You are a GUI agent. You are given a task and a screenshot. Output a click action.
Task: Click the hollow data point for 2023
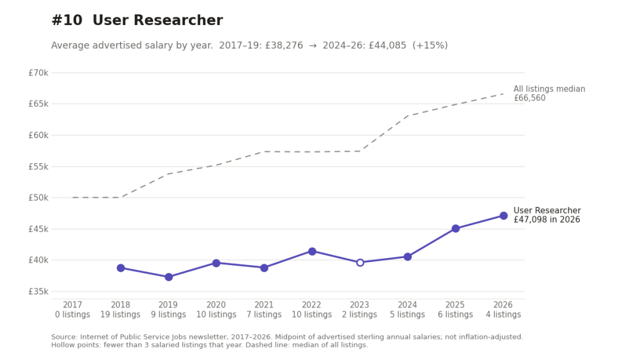[360, 262]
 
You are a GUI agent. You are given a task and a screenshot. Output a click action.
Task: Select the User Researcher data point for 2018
[121, 268]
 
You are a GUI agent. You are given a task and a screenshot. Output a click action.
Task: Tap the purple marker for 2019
[169, 277]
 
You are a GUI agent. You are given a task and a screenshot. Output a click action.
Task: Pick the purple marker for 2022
[312, 251]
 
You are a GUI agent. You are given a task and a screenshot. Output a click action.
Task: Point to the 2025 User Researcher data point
[456, 229]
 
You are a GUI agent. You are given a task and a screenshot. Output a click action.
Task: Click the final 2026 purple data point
[504, 216]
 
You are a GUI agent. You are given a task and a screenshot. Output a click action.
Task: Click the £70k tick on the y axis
[38, 73]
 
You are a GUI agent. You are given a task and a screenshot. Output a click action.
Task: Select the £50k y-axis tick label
[38, 198]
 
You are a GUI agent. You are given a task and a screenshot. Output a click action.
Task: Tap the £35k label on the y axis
[38, 292]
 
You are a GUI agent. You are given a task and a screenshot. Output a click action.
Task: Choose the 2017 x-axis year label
[72, 305]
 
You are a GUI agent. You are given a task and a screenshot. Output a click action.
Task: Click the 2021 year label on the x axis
[264, 305]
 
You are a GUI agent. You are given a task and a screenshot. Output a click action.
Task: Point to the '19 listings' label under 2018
[121, 315]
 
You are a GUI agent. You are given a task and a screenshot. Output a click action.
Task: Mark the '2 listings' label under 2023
[359, 315]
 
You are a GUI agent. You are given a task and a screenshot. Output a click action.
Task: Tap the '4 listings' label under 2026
[503, 315]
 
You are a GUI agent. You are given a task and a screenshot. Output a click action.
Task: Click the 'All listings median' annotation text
[549, 89]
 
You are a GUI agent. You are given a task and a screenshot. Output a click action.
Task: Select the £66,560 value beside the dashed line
[529, 98]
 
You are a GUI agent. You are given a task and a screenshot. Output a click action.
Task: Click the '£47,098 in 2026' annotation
[547, 219]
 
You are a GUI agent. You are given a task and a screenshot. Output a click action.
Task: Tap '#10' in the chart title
[67, 21]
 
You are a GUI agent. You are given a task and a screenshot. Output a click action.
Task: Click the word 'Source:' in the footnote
[64, 337]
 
